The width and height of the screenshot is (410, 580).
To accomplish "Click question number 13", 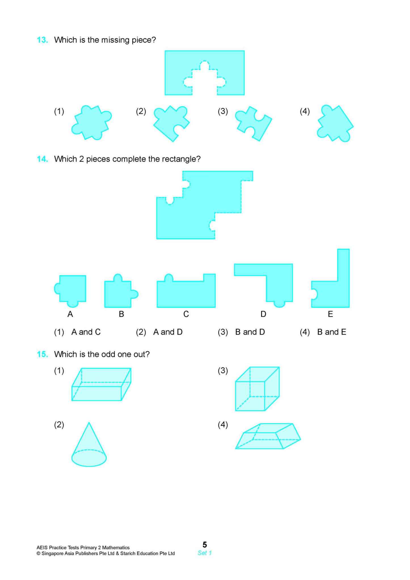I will coord(42,40).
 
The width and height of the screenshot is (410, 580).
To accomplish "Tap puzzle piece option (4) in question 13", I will coord(335,124).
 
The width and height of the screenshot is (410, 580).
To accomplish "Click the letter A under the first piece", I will coord(70,314).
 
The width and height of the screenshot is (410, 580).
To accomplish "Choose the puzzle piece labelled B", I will coord(119,293).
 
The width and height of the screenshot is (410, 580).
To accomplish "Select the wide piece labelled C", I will coord(186,294).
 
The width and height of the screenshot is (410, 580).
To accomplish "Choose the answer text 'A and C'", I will coord(86,332).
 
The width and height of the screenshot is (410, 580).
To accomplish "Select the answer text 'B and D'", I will coord(250,332).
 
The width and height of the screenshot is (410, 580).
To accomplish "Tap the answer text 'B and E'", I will coord(332,332).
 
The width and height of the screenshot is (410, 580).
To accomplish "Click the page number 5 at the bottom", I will coord(205,545).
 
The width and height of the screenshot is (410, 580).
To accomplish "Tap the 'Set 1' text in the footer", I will coord(205,553).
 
